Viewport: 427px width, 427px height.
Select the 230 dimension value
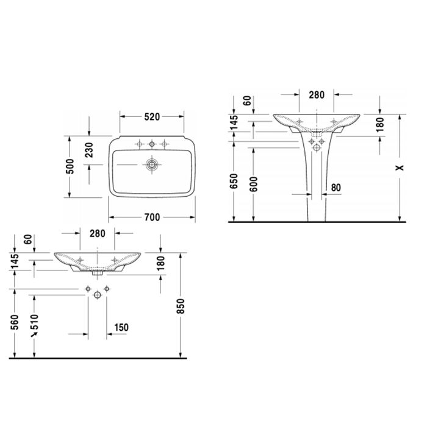click(x=90, y=150)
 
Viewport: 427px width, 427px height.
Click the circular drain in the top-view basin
click(x=151, y=164)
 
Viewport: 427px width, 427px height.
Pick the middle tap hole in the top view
click(x=152, y=144)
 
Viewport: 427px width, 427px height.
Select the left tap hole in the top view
click(x=139, y=144)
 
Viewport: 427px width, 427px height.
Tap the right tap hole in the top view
click(x=164, y=144)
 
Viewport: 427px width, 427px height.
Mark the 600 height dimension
click(x=253, y=183)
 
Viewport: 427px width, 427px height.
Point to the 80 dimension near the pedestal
click(x=335, y=188)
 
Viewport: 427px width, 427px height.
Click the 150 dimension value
click(x=121, y=328)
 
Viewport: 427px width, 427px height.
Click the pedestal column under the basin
click(x=316, y=183)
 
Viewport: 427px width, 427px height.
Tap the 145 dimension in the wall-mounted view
click(x=14, y=262)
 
